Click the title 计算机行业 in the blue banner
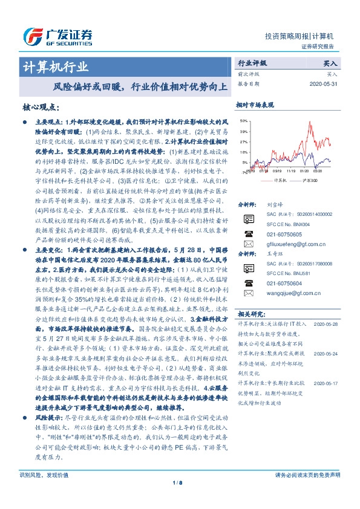click(54, 66)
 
